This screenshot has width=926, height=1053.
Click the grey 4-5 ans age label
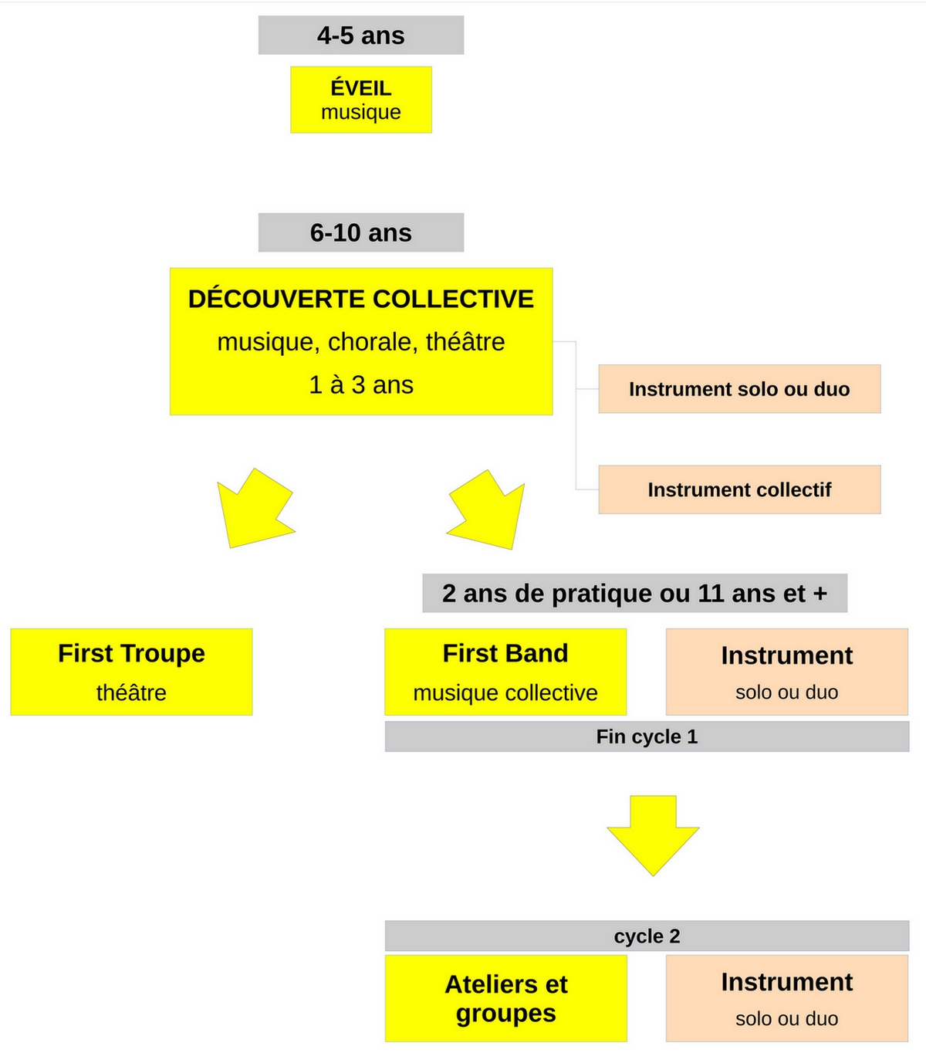[360, 35]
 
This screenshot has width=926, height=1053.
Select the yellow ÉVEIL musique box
[360, 100]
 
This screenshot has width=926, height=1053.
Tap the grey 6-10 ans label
[360, 232]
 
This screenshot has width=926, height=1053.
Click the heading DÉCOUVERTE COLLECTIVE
[360, 299]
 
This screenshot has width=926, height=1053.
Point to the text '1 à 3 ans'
[361, 385]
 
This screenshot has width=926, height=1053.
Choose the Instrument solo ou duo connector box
[739, 389]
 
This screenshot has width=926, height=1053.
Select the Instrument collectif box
[739, 489]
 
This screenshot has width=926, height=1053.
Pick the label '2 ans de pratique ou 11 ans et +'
[634, 593]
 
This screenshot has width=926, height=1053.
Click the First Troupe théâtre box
[131, 672]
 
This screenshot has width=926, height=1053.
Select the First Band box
[505, 672]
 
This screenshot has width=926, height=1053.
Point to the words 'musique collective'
[505, 692]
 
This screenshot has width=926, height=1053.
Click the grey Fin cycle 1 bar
[647, 736]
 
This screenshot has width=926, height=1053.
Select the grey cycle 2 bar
[647, 936]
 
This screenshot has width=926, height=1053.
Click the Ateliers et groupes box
[506, 998]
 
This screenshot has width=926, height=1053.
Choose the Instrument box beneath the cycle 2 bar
[787, 998]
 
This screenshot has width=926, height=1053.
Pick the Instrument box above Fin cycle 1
[787, 672]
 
